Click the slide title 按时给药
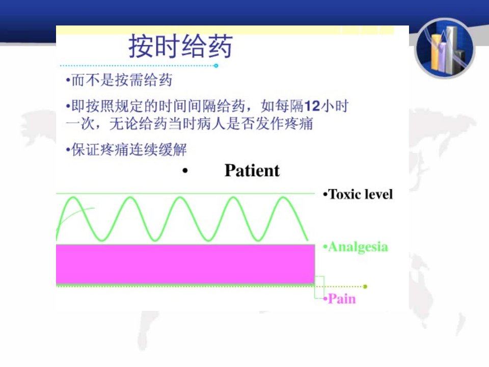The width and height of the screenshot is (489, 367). pos(180,46)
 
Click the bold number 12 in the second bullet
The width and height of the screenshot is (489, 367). pos(312,106)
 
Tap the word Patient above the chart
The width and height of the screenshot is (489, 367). pos(252,170)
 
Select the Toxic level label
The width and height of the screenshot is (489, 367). pos(358,194)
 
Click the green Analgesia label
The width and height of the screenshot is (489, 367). pos(356,247)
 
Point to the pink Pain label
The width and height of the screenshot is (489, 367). pos(340,299)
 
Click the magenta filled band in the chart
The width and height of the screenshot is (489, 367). pos(185,264)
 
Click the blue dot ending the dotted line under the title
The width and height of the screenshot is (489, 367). pos(216,66)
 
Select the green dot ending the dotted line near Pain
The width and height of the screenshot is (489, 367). pos(365,286)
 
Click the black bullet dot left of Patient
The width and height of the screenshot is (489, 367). pos(185,171)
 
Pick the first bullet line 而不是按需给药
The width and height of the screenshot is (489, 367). pos(119,80)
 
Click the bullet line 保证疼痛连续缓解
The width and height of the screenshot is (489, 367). pos(126,149)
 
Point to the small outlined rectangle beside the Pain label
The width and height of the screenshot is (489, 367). pos(319,287)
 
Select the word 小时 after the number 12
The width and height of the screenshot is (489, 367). pos(335,106)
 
